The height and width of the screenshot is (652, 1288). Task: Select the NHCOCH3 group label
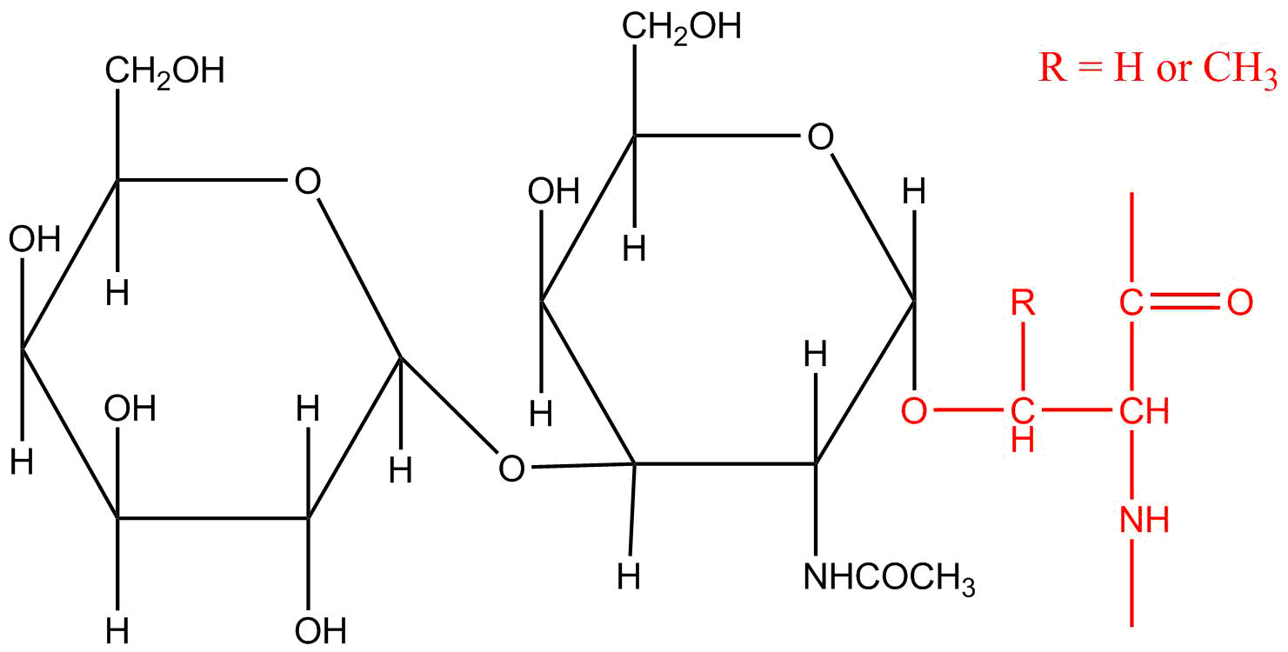[x=889, y=577]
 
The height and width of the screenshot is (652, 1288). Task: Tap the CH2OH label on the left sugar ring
[x=164, y=71]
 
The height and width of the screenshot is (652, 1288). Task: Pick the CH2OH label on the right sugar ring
[x=682, y=28]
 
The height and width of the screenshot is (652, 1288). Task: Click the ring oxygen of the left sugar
[x=308, y=181]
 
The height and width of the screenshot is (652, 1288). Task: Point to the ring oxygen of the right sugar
[x=820, y=136]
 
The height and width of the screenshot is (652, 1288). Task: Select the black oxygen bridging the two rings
[x=511, y=468]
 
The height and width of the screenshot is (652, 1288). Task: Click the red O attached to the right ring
[x=914, y=410]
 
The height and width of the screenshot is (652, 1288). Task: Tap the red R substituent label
[x=1024, y=303]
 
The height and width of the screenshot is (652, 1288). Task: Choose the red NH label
[x=1145, y=520]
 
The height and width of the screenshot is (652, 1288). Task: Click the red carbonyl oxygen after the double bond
[x=1240, y=303]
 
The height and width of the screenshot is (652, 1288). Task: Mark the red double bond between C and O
[x=1185, y=302]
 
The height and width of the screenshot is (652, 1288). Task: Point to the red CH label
[x=1145, y=411]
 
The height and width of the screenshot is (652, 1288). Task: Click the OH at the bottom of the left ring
[x=321, y=631]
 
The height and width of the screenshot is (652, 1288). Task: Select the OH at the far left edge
[x=35, y=239]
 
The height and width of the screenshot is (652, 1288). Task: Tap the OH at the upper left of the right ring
[x=554, y=191]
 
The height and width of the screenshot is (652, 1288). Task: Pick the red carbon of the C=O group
[x=1131, y=303]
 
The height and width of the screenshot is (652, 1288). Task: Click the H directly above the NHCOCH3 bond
[x=816, y=354]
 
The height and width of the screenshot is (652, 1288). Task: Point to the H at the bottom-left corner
[x=22, y=461]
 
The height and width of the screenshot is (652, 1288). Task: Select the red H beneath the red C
[x=1024, y=440]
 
